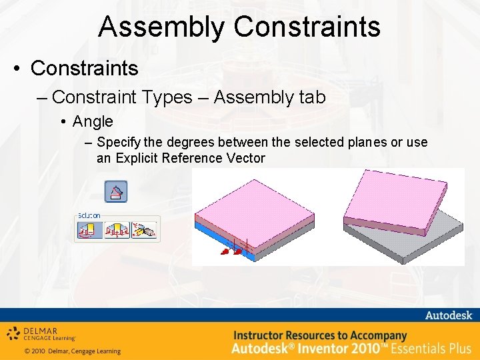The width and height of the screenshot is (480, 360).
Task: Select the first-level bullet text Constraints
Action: point(85,68)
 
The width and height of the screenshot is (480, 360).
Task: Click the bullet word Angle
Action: point(93,121)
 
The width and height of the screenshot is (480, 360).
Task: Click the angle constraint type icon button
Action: point(116,192)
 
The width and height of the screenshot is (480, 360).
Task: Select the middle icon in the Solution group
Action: point(117,230)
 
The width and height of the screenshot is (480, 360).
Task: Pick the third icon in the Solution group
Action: point(145,230)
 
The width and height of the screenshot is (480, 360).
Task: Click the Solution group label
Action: point(89,215)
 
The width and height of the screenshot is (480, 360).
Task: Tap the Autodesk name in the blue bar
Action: point(447,315)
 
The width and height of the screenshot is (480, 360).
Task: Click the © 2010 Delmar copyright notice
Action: point(72,351)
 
